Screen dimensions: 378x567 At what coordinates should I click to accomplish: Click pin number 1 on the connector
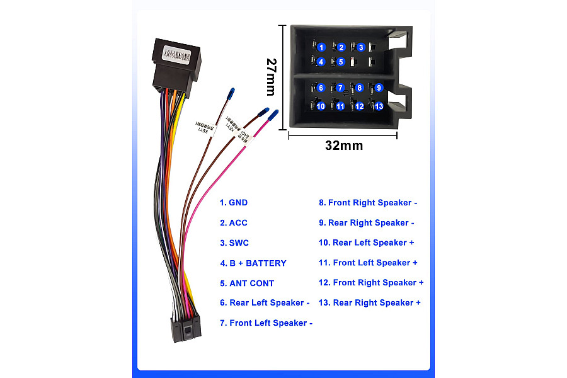pyautogui.click(x=321, y=47)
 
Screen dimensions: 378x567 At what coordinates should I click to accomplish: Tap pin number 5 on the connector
pyautogui.click(x=340, y=62)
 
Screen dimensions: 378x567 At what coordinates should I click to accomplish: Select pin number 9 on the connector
pyautogui.click(x=379, y=88)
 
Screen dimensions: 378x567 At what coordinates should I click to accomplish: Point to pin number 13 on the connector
pyautogui.click(x=378, y=106)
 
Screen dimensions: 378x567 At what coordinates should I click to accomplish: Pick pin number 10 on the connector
pyautogui.click(x=321, y=106)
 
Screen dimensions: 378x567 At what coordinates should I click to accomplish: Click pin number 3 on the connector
pyautogui.click(x=360, y=47)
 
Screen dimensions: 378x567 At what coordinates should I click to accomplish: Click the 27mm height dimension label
pyautogui.click(x=271, y=77)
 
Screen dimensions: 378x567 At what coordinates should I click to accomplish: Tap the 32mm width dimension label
pyautogui.click(x=344, y=146)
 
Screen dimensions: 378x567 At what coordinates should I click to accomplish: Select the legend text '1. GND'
pyautogui.click(x=233, y=203)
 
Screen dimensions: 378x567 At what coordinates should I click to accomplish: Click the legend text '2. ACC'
pyautogui.click(x=233, y=223)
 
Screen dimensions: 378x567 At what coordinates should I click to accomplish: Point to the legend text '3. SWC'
pyautogui.click(x=234, y=243)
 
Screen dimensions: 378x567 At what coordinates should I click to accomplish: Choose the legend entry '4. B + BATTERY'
pyautogui.click(x=253, y=263)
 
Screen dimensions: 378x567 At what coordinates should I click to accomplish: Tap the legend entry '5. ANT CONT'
pyautogui.click(x=247, y=283)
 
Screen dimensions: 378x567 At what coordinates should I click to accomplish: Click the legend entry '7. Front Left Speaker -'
pyautogui.click(x=266, y=323)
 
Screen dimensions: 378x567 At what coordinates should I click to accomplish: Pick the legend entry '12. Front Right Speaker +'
pyautogui.click(x=371, y=283)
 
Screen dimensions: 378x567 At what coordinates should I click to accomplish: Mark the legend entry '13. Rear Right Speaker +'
pyautogui.click(x=369, y=303)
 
